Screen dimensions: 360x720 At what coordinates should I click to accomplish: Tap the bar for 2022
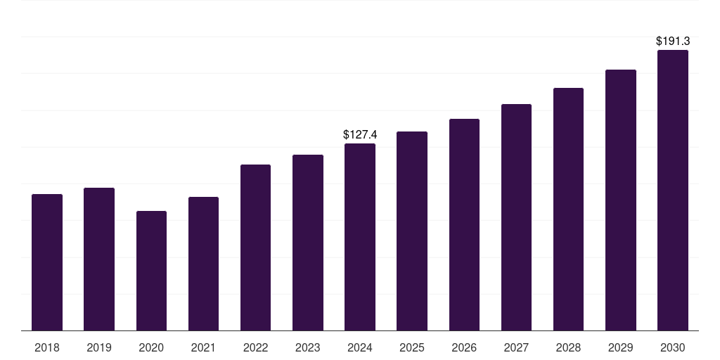click(x=255, y=247)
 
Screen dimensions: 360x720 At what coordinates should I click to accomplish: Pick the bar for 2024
click(x=360, y=237)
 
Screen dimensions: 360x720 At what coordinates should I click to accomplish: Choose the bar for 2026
click(x=464, y=225)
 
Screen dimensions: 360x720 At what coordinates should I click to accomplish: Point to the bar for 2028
click(x=568, y=210)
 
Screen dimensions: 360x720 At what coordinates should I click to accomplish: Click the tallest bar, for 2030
click(x=673, y=191)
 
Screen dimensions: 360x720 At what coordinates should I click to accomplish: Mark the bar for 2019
click(x=99, y=259)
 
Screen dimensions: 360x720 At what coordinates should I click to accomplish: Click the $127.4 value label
click(x=360, y=134)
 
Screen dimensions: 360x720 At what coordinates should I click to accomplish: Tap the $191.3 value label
click(x=673, y=41)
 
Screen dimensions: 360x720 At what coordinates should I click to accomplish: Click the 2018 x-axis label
click(x=47, y=347)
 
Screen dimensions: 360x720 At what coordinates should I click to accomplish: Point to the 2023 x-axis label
click(x=308, y=347)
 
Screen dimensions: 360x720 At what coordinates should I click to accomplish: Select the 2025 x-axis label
click(x=412, y=347)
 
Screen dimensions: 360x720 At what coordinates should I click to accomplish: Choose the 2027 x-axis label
click(x=516, y=347)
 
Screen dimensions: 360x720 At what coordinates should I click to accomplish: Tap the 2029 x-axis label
click(x=621, y=347)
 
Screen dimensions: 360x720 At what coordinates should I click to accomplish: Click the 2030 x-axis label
click(x=673, y=347)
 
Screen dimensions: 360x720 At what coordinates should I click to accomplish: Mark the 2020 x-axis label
click(x=151, y=347)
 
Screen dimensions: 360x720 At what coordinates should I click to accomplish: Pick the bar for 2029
click(x=621, y=200)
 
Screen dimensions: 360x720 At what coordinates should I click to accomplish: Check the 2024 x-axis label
click(x=360, y=347)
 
